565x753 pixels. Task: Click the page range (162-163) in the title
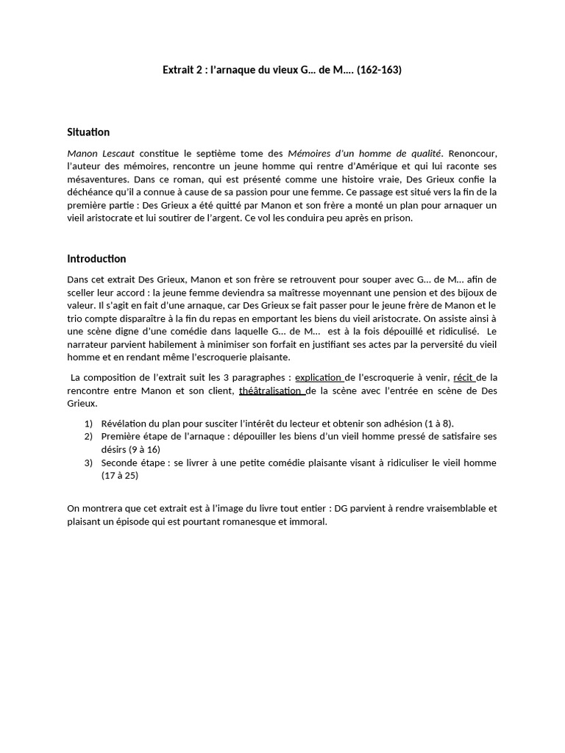point(379,71)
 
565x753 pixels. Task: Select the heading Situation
point(88,132)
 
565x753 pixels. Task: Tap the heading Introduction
point(96,259)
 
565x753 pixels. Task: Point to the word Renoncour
point(473,153)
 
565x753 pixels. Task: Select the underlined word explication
point(319,377)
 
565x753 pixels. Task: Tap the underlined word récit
point(463,377)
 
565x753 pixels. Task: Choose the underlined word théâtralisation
point(271,390)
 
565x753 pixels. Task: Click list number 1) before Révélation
point(88,424)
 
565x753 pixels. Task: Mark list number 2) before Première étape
point(88,436)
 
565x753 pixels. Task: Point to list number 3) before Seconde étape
point(88,463)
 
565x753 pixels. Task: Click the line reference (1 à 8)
point(438,424)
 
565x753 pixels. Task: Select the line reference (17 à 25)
point(120,475)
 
